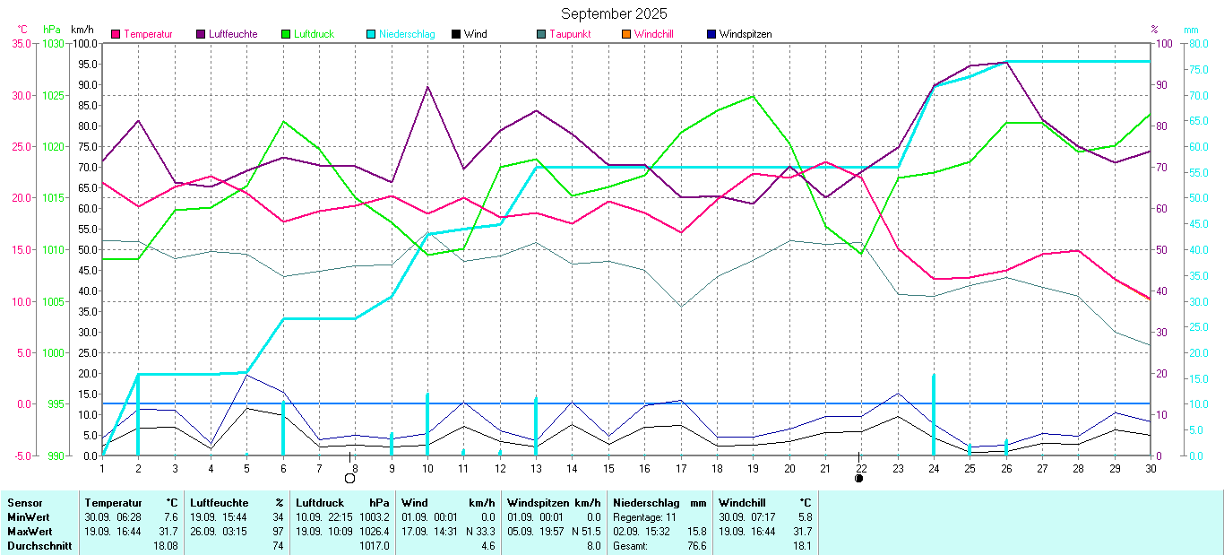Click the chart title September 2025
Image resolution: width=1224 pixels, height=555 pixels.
click(x=614, y=13)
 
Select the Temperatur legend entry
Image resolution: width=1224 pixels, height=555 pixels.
click(x=148, y=34)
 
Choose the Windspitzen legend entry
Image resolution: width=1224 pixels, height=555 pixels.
click(x=745, y=34)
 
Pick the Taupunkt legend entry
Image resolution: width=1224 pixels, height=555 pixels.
click(x=570, y=34)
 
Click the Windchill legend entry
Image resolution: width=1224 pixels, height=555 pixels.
click(x=653, y=34)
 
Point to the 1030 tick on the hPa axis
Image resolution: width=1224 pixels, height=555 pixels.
click(x=54, y=43)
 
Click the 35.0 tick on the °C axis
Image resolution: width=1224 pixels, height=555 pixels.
click(x=22, y=43)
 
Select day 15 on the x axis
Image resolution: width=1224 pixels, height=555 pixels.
click(x=608, y=467)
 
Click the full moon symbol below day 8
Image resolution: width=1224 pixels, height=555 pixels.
click(x=350, y=478)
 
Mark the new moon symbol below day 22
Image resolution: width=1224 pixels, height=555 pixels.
click(x=859, y=478)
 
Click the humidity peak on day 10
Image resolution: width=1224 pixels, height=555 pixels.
click(x=427, y=87)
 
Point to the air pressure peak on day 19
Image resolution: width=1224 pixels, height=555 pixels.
click(x=753, y=96)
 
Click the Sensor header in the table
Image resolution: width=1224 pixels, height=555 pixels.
click(x=24, y=503)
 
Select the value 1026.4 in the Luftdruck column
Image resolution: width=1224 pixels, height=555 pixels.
click(x=374, y=531)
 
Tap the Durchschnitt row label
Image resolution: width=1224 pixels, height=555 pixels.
click(x=39, y=545)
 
